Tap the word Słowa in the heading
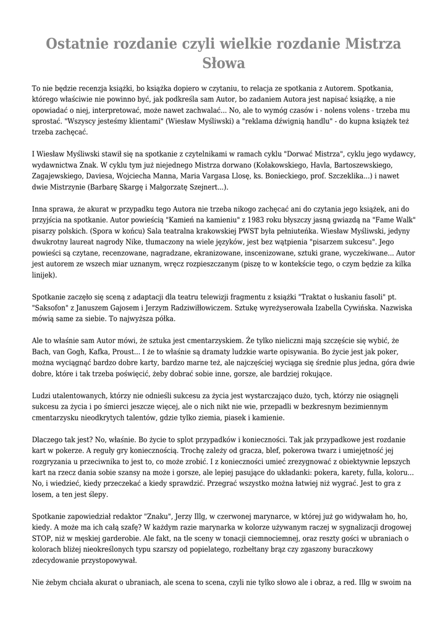point(224,63)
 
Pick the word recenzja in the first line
point(93,88)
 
